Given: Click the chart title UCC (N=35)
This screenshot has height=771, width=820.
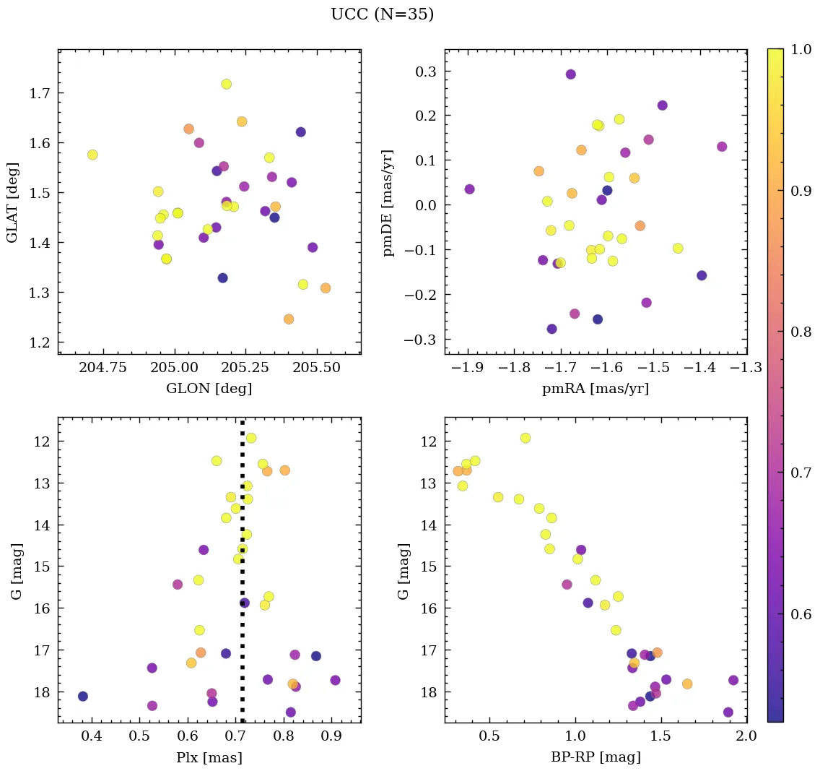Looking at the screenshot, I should (x=382, y=14).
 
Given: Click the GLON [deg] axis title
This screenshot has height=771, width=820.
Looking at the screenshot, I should (x=209, y=389).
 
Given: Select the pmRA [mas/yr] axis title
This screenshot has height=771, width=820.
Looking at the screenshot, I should (x=596, y=389).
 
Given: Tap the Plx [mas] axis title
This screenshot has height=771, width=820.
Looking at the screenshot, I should (x=209, y=757).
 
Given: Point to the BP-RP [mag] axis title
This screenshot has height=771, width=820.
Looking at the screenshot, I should (x=596, y=757).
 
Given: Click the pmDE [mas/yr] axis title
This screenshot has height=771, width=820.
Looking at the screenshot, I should (x=389, y=203).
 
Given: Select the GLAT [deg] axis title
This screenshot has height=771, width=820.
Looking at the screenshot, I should (x=12, y=202).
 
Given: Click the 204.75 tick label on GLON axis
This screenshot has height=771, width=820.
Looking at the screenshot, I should (x=103, y=368).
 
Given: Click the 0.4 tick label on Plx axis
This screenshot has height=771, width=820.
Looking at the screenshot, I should (x=92, y=736).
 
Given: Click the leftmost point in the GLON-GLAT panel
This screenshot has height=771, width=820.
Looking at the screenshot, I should (x=92, y=155).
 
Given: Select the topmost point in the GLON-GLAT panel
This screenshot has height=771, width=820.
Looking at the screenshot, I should (x=226, y=84).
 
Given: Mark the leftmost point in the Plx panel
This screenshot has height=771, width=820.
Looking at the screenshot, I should (x=83, y=696).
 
